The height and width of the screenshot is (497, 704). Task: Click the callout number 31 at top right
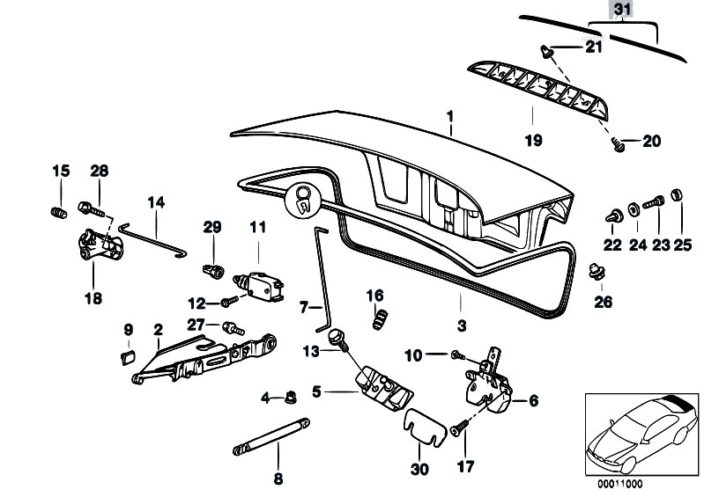coord(622,9)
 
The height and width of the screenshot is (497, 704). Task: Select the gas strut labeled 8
coord(271,436)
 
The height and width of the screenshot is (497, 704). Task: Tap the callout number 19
coord(533,140)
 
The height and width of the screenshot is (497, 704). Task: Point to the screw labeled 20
coord(618,145)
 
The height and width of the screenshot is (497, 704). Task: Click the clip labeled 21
coord(547,51)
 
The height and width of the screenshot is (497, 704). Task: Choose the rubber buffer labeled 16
coord(380,319)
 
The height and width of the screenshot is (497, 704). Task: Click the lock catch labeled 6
coord(488,383)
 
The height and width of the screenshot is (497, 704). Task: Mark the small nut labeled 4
coord(291,397)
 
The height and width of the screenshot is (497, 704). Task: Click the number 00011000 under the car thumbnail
coord(619,484)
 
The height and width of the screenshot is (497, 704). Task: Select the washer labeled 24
coord(634,209)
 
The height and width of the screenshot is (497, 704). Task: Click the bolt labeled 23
coord(654,202)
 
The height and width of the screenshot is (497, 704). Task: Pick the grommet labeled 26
coord(597,271)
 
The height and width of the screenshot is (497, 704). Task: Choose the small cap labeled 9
coord(128,358)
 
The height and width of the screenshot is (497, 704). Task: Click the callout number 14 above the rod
coord(156,202)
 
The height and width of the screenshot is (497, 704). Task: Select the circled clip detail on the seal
coord(303,200)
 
